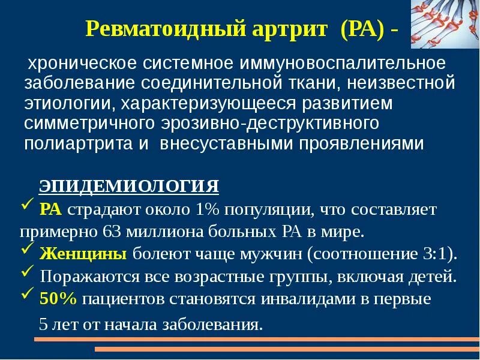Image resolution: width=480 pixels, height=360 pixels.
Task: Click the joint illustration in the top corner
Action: click(445, 24)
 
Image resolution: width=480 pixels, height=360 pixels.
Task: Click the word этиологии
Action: click(67, 104)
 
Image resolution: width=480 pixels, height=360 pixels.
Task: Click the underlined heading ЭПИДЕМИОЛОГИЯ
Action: click(129, 187)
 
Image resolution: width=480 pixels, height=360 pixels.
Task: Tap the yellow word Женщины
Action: click(82, 253)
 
